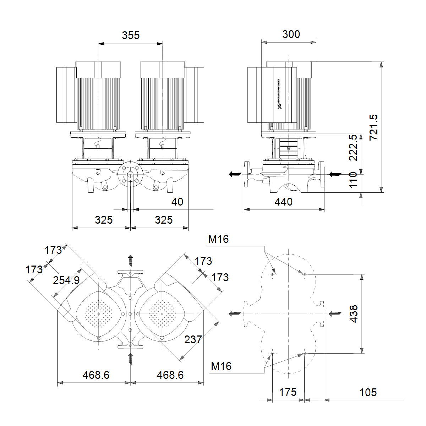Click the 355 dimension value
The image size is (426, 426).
(x=131, y=35)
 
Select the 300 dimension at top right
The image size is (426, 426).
(x=291, y=34)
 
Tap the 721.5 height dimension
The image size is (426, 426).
(x=374, y=127)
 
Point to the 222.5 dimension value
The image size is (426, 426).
(x=353, y=148)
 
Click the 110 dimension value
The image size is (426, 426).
(x=353, y=180)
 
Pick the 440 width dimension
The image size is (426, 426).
(x=284, y=202)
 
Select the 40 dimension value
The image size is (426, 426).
(x=177, y=202)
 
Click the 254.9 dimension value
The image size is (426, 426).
(x=66, y=280)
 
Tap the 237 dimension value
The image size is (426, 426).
(x=193, y=339)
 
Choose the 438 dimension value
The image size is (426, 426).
(x=354, y=314)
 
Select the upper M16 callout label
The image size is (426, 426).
(x=218, y=239)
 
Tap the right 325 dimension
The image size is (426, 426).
(x=164, y=220)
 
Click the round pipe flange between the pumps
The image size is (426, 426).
(x=130, y=175)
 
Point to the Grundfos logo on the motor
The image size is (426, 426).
(x=279, y=94)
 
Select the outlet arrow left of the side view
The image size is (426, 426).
(x=235, y=174)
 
